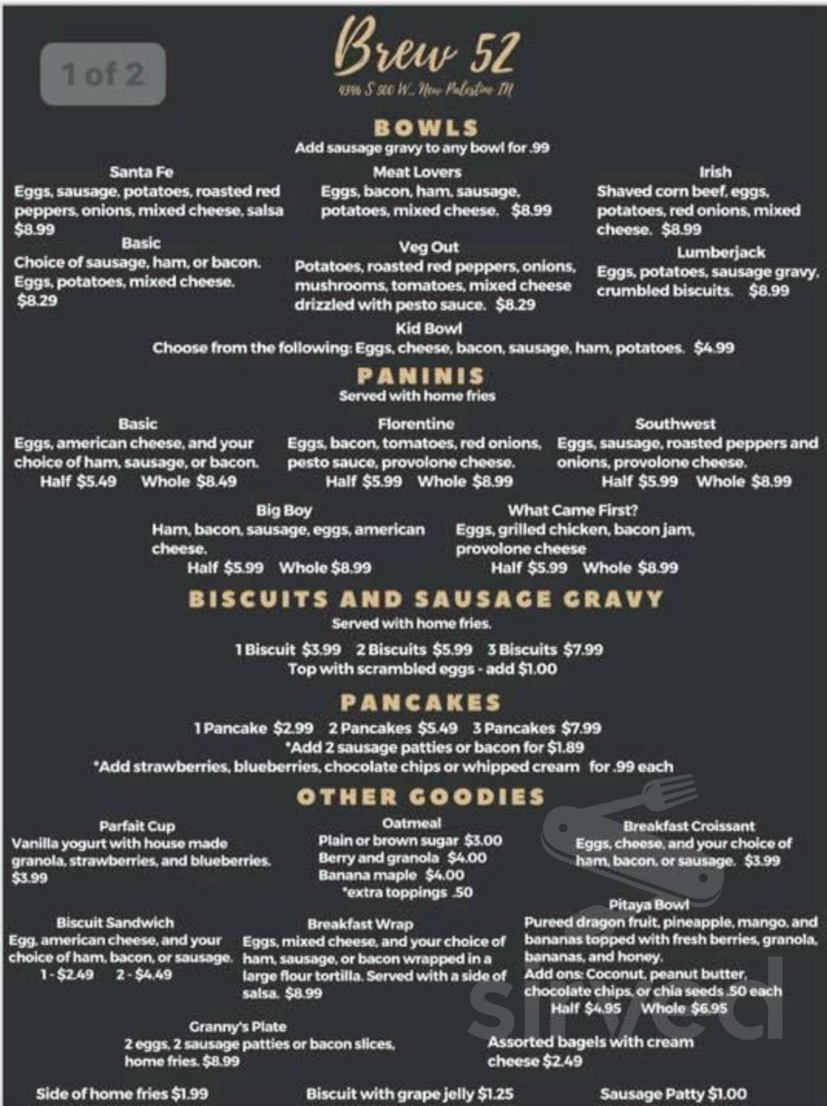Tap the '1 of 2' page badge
pyautogui.click(x=103, y=74)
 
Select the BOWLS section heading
pyautogui.click(x=425, y=128)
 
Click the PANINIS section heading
pyautogui.click(x=420, y=376)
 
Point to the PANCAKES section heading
pyautogui.click(x=420, y=702)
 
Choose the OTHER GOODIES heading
pyautogui.click(x=420, y=797)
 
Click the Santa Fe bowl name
pyautogui.click(x=141, y=172)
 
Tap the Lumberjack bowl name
pyautogui.click(x=721, y=252)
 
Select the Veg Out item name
pyautogui.click(x=428, y=247)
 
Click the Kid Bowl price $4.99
pyautogui.click(x=713, y=348)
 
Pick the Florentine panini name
pyautogui.click(x=416, y=423)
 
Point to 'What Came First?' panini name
pyautogui.click(x=572, y=510)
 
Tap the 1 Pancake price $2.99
pyautogui.click(x=294, y=728)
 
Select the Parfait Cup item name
pyautogui.click(x=137, y=826)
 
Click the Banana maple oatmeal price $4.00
pyautogui.click(x=445, y=875)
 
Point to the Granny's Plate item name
pyautogui.click(x=237, y=1026)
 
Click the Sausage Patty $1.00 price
pyautogui.click(x=727, y=1094)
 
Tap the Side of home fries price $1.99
pyautogui.click(x=190, y=1094)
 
